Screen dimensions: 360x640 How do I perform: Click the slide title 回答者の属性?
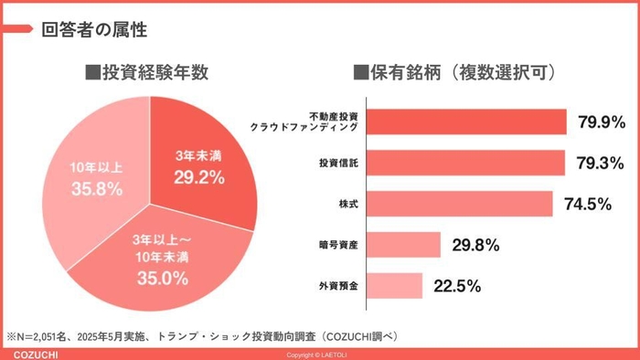[94, 29]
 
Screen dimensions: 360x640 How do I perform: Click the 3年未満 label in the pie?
[199, 156]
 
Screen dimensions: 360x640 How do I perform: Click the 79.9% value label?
[601, 122]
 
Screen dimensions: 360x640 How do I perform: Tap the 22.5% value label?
[457, 286]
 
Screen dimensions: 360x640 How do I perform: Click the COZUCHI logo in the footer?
[30, 354]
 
